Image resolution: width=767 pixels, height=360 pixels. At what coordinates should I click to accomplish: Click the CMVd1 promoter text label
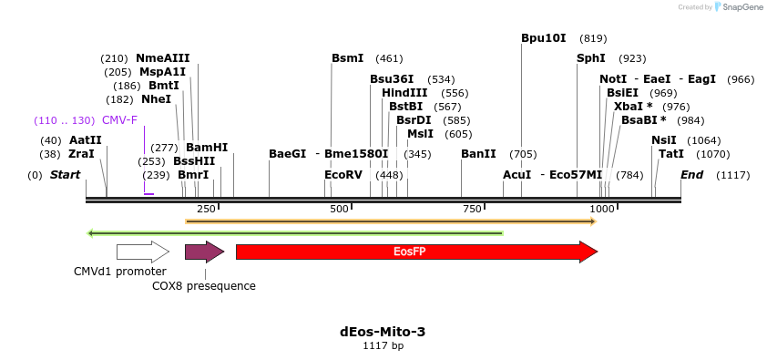pos(120,272)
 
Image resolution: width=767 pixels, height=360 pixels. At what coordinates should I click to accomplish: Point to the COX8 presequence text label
pos(204,286)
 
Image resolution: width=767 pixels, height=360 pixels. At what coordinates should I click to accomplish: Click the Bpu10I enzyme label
pos(544,38)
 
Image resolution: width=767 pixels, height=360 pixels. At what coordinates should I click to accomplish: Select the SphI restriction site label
pos(590,58)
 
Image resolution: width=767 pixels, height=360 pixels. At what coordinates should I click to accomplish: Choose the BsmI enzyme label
pos(347,58)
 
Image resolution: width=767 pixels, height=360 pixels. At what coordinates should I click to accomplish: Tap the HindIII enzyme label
pos(404,93)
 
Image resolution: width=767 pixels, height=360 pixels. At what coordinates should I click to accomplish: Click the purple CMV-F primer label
pos(119,120)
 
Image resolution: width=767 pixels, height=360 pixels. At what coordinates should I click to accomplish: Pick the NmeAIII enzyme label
pos(163,58)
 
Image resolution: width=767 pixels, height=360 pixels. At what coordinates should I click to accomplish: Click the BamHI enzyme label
pos(207,148)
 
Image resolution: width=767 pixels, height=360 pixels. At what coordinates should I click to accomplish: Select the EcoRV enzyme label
pos(343,175)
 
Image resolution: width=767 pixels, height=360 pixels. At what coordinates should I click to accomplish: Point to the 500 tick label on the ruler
pos(340,210)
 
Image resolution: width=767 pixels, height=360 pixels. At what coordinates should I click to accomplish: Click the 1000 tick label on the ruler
pos(602,210)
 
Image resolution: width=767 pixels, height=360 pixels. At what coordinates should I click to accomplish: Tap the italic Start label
pos(65,175)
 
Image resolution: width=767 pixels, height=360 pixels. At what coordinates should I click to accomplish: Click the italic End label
pos(691,175)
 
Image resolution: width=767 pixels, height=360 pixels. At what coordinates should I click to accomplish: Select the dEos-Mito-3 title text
pos(383,332)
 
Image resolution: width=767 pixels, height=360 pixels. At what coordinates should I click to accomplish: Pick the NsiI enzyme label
pos(664,140)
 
